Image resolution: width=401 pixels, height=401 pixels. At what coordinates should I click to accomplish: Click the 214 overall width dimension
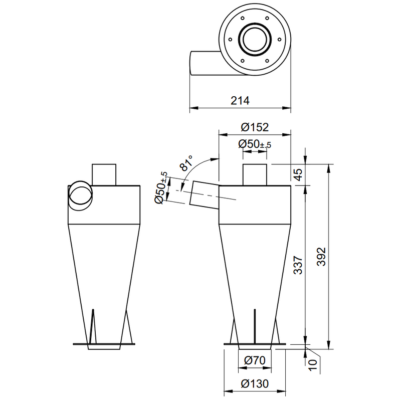tap(240, 100)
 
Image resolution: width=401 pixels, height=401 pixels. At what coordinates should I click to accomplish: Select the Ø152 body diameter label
tap(255, 127)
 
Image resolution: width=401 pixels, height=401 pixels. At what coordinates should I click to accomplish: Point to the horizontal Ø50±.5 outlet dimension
tap(255, 144)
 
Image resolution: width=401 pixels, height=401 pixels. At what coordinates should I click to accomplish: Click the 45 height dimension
tap(298, 174)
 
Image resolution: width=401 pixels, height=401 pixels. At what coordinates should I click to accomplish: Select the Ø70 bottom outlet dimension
tap(255, 360)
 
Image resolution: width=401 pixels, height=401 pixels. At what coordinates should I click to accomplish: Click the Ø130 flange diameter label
tap(255, 384)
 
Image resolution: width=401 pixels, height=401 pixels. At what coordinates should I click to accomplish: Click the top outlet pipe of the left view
tap(104, 174)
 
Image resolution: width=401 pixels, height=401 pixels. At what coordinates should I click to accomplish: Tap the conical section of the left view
tap(104, 271)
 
